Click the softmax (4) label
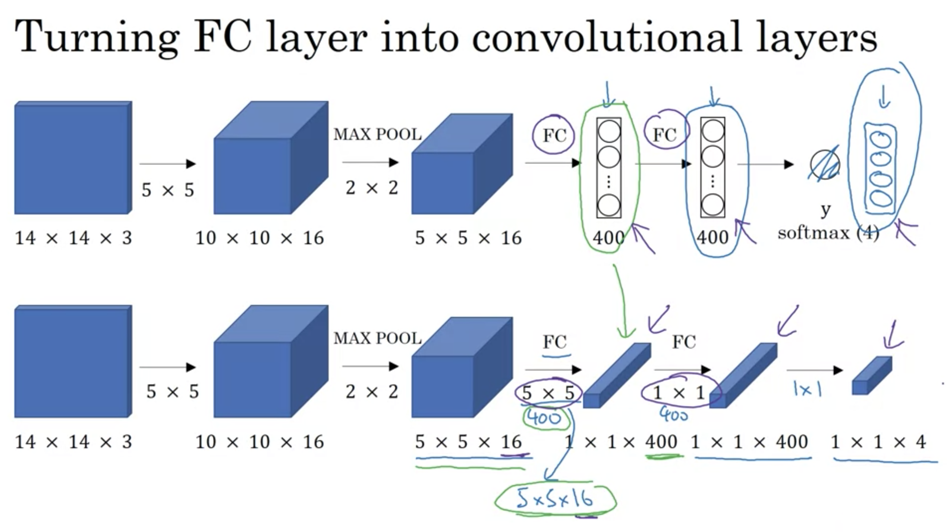(x=828, y=233)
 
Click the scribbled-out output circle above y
(x=825, y=165)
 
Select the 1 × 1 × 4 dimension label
(x=878, y=442)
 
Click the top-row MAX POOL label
(x=377, y=134)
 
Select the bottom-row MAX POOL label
(x=377, y=338)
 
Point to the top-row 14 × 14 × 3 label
(x=73, y=238)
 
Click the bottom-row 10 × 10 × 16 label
(x=259, y=442)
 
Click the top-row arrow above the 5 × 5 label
(x=167, y=163)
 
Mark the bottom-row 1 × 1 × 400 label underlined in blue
(x=749, y=442)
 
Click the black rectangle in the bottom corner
(x=895, y=518)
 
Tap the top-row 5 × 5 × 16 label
(x=468, y=238)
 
